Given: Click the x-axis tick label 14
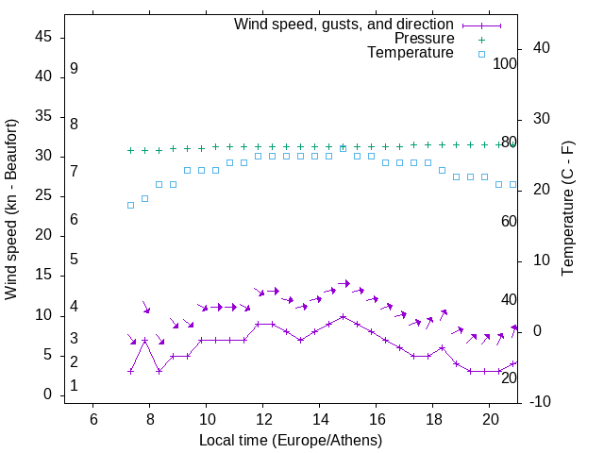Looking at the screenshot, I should pyautogui.click(x=320, y=419).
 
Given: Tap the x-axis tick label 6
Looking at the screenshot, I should pyautogui.click(x=93, y=419).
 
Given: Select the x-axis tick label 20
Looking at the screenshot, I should pyautogui.click(x=490, y=419).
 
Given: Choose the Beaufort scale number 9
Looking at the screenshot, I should pyautogui.click(x=74, y=69).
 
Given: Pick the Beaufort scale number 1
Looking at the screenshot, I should pyautogui.click(x=74, y=386).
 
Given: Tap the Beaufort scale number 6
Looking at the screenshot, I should pyautogui.click(x=74, y=219).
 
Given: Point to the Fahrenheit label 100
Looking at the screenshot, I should pyautogui.click(x=505, y=63).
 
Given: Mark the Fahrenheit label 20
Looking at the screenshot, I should pyautogui.click(x=509, y=377).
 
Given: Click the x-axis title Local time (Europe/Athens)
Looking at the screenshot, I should pyautogui.click(x=291, y=440).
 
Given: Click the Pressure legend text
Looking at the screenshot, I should pyautogui.click(x=423, y=39).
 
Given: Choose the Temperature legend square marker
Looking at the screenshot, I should pyautogui.click(x=481, y=54).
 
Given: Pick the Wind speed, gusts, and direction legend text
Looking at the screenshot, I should pyautogui.click(x=344, y=24).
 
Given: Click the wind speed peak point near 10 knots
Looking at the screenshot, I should pyautogui.click(x=344, y=316).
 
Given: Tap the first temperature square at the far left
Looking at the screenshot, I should pyautogui.click(x=131, y=205).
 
